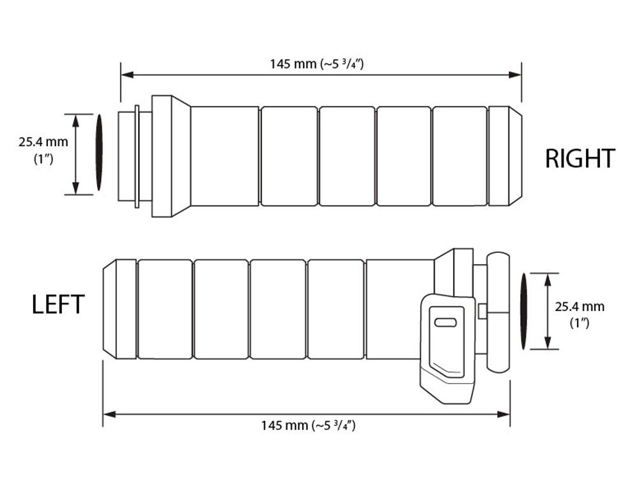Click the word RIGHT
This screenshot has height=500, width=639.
click(580, 158)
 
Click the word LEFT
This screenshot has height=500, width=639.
click(58, 304)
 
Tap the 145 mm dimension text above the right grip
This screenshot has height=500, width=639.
click(321, 63)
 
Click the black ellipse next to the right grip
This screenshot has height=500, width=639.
click(99, 153)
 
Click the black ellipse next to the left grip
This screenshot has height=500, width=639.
click(524, 311)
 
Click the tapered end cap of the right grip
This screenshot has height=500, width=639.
click(505, 156)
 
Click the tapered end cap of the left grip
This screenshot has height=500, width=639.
click(119, 309)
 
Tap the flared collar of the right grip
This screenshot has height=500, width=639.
click(171, 156)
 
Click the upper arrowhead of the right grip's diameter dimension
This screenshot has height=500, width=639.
click(75, 119)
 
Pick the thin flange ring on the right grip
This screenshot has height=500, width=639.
click(137, 156)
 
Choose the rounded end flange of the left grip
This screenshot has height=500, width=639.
click(498, 312)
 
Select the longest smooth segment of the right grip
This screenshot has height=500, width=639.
click(224, 156)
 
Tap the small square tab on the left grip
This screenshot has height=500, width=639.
click(482, 311)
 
